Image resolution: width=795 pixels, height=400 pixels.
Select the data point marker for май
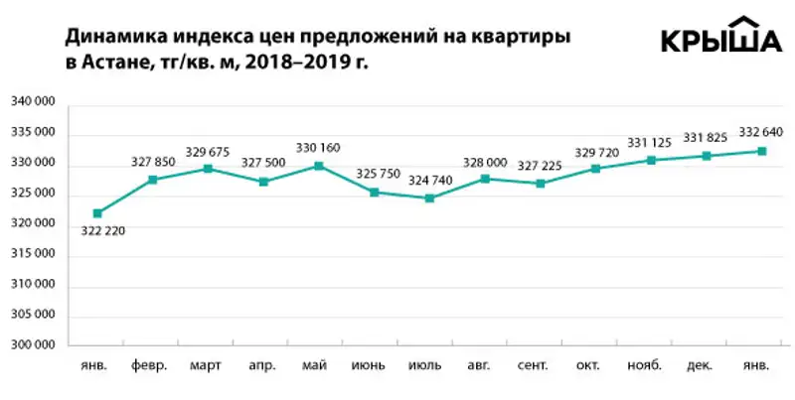coord(318,166)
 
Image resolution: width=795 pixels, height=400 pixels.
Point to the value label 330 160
coord(318,148)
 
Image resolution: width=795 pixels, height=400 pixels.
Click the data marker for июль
coord(429,199)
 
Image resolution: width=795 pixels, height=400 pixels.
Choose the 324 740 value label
coord(430,181)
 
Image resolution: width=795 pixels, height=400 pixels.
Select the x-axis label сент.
coord(540,365)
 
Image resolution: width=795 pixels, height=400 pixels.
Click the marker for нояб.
coord(651,160)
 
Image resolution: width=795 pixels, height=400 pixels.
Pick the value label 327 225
coord(541,165)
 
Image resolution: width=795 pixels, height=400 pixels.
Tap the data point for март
coord(208,169)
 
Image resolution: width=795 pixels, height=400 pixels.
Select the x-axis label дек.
coord(707,365)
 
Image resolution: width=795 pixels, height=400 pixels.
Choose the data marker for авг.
coord(485,179)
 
